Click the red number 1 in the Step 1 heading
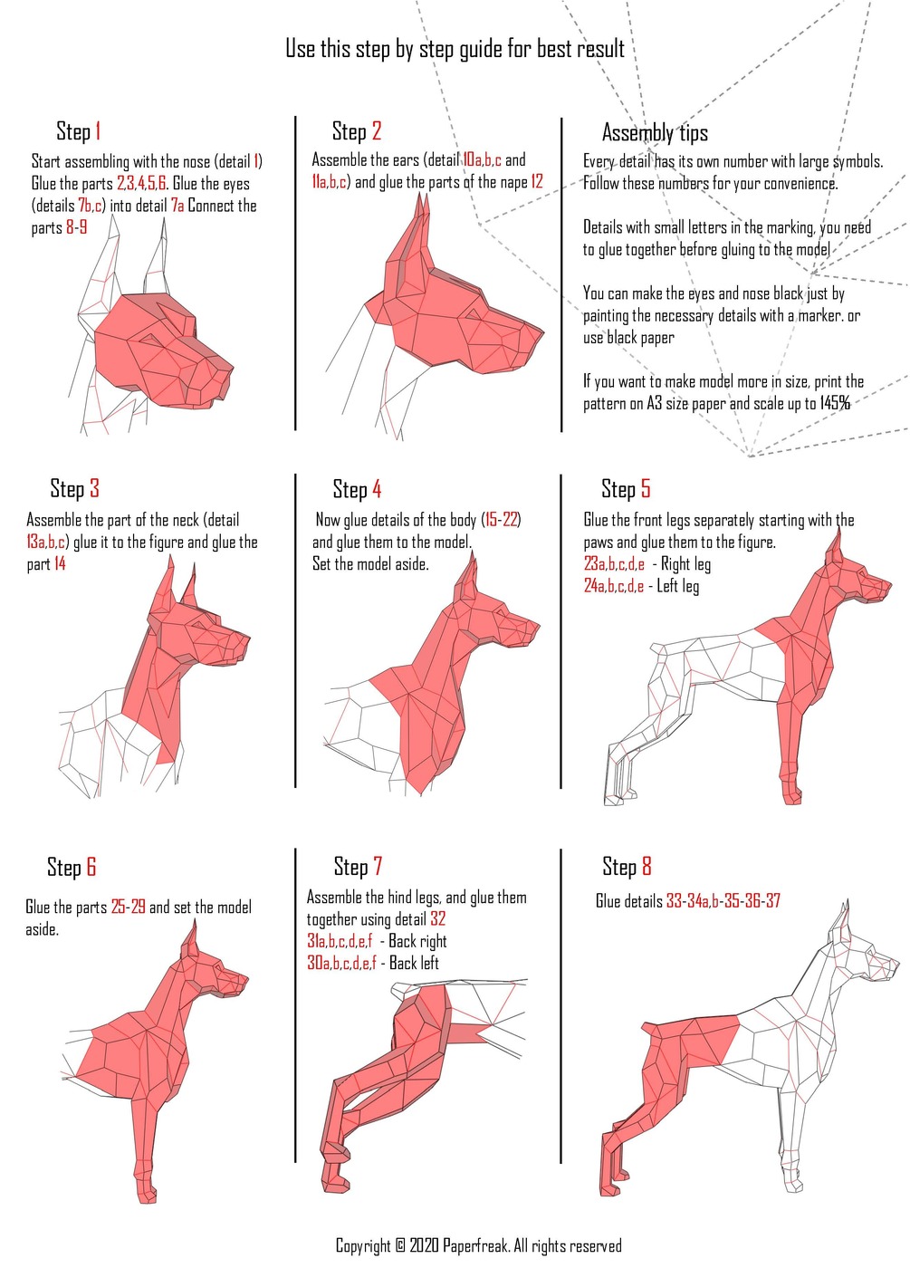pyautogui.click(x=98, y=131)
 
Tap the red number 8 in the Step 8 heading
pyautogui.click(x=647, y=866)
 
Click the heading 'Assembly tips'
pyautogui.click(x=655, y=133)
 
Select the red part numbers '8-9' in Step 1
pyautogui.click(x=76, y=227)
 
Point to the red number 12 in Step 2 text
pyautogui.click(x=537, y=182)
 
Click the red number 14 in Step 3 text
pyautogui.click(x=60, y=563)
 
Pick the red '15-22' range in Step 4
pyautogui.click(x=502, y=520)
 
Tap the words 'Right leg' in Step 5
pyautogui.click(x=686, y=564)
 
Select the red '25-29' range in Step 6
pyautogui.click(x=128, y=908)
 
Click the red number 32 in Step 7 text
pyautogui.click(x=437, y=918)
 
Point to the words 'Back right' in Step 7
pyautogui.click(x=417, y=941)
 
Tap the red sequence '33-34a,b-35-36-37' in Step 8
pyautogui.click(x=723, y=900)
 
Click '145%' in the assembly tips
pyautogui.click(x=835, y=403)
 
